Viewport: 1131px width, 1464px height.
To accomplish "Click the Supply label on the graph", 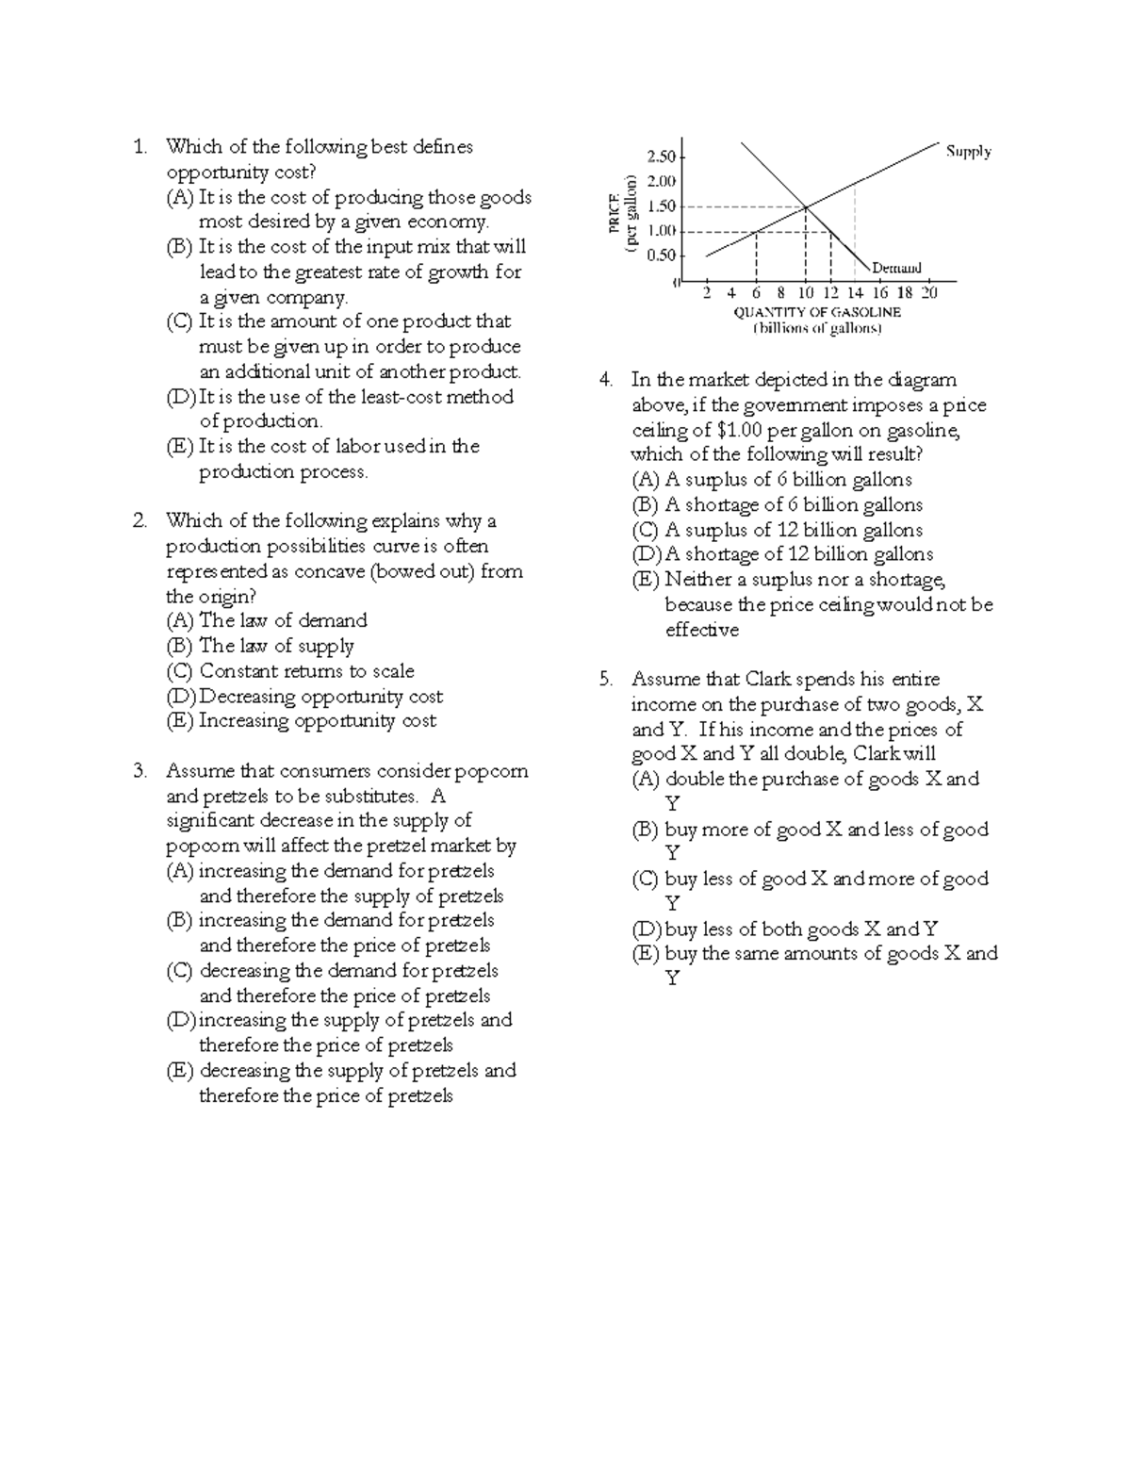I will pyautogui.click(x=968, y=151).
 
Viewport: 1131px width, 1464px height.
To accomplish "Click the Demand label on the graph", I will pyautogui.click(x=896, y=268).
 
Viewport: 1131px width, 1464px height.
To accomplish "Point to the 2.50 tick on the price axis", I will pyautogui.click(x=662, y=156).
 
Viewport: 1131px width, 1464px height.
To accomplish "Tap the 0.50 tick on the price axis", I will pyautogui.click(x=662, y=255).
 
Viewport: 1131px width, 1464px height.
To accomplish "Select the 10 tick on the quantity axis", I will pyautogui.click(x=805, y=293).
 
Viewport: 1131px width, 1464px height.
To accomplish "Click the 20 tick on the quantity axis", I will pyautogui.click(x=928, y=293).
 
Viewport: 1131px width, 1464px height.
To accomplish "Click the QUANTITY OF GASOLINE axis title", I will pyautogui.click(x=816, y=312).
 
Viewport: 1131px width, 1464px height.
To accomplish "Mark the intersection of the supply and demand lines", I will pyautogui.click(x=806, y=206).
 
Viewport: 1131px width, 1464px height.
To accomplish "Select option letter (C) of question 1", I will pyautogui.click(x=179, y=321).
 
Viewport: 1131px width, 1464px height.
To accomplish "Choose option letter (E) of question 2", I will pyautogui.click(x=179, y=721).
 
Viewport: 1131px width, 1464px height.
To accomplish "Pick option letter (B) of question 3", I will pyautogui.click(x=179, y=920).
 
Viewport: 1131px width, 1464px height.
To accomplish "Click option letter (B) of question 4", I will pyautogui.click(x=646, y=504).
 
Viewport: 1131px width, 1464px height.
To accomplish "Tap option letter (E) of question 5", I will pyautogui.click(x=646, y=953).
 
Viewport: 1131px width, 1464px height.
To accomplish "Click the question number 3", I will pyautogui.click(x=139, y=771).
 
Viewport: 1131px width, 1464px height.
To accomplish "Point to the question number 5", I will pyautogui.click(x=605, y=679).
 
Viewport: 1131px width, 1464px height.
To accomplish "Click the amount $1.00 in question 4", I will pyautogui.click(x=740, y=430).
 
